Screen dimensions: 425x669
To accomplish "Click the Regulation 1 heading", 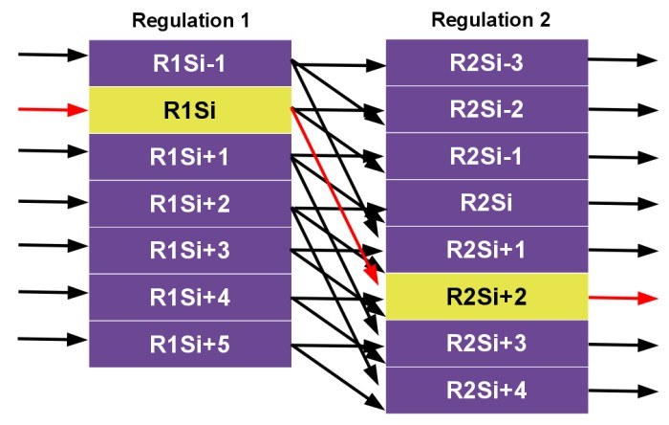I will point(190,19).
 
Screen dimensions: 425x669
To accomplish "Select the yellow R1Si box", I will point(190,110).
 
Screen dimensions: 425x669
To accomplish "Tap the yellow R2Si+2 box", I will point(486,297).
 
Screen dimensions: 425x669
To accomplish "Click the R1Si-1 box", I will point(190,63).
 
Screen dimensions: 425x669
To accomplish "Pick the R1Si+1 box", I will point(190,157).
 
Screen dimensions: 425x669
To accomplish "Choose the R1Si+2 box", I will point(190,204).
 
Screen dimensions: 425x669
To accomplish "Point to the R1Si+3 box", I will point(190,251).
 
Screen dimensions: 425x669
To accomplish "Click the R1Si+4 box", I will point(190,298).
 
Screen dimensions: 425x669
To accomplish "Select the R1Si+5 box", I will point(190,344).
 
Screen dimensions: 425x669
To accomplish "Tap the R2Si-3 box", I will point(486,63).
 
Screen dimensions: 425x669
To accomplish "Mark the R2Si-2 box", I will point(486,110).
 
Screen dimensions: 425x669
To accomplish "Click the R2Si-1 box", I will point(486,157).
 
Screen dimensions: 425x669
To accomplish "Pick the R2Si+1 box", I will point(486,251).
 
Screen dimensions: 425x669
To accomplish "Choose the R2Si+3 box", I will point(486,344).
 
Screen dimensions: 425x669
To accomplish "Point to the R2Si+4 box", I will point(486,390).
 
